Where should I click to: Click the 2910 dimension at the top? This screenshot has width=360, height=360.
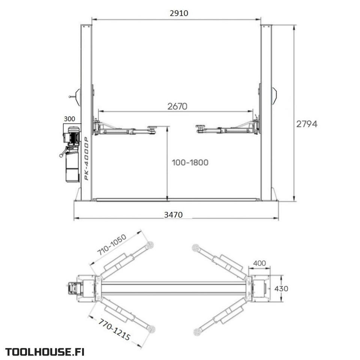pos(179,13)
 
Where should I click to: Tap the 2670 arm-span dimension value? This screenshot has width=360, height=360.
pos(177,106)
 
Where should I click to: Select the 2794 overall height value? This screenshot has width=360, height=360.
pos(307,124)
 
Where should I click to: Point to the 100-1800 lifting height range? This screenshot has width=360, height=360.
pos(190,162)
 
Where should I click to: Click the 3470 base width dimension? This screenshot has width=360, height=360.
pos(173,214)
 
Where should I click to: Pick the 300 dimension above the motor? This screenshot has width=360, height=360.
pos(69,119)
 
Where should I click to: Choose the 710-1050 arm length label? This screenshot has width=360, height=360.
pos(112,245)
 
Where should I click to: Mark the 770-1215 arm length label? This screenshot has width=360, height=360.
pos(114,329)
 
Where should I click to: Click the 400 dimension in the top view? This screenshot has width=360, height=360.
pos(259,263)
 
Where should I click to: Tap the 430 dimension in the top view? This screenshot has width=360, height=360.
pos(281,289)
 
